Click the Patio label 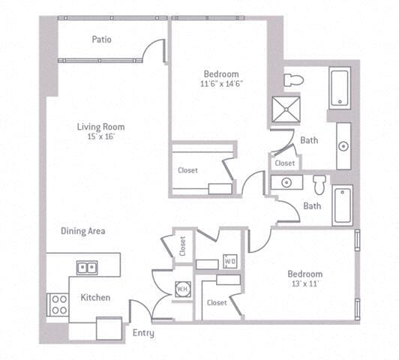click(102, 39)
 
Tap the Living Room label click(100, 127)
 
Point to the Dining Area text click(83, 231)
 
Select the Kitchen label click(95, 298)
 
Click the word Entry click(143, 332)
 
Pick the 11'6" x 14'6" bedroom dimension click(220, 85)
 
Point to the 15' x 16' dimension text click(101, 138)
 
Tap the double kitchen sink click(86, 267)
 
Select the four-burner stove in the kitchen click(58, 304)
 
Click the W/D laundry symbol click(230, 261)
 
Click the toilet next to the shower click(292, 79)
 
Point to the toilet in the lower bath click(319, 184)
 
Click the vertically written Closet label click(183, 247)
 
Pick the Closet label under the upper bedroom click(188, 170)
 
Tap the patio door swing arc click(155, 49)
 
